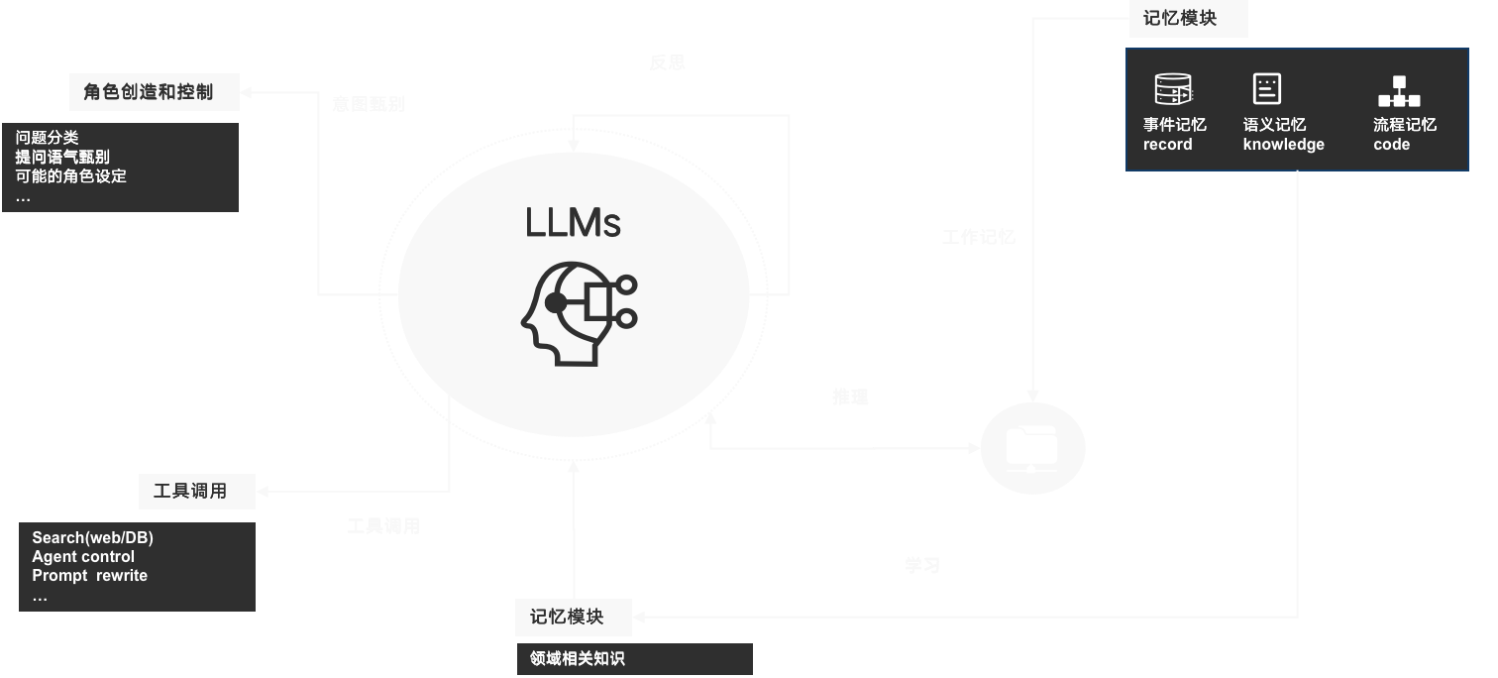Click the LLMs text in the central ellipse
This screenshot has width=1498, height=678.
[x=573, y=223]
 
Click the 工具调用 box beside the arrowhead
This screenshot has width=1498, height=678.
[x=190, y=491]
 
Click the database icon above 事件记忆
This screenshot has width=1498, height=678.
[x=1173, y=90]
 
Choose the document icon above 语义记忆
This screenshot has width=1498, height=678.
[x=1267, y=89]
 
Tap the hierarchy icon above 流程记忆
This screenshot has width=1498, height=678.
[x=1398, y=91]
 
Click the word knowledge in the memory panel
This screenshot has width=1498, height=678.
[x=1283, y=145]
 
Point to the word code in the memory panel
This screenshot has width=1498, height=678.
[x=1391, y=145]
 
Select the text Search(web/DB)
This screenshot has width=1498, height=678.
[x=92, y=538]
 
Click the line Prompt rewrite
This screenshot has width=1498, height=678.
[x=89, y=576]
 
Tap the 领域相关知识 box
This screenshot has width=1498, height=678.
[x=634, y=659]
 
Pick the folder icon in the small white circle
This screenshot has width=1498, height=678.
[x=1032, y=449]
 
